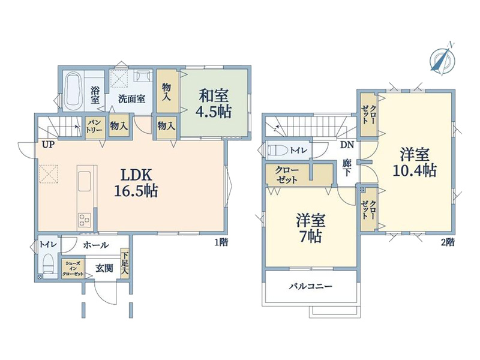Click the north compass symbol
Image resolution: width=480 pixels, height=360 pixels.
442,58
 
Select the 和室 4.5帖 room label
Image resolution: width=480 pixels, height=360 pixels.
214,103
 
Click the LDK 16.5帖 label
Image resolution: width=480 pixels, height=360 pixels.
136,183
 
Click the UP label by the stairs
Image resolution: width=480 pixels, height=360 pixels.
48,145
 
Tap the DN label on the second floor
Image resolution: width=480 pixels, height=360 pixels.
347,145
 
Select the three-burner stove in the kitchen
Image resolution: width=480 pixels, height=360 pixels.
85,220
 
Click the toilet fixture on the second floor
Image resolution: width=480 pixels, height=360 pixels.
278,151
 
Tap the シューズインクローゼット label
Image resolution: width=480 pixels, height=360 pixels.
73,269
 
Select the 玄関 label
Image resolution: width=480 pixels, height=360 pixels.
104,268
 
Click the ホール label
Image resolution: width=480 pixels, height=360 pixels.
96,245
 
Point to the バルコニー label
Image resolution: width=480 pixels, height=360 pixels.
311,287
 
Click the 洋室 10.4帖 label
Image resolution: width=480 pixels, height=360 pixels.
415,162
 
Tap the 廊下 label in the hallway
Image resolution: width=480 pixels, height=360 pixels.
347,167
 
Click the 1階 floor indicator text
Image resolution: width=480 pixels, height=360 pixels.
221,242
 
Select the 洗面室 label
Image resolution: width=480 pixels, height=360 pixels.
131,99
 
